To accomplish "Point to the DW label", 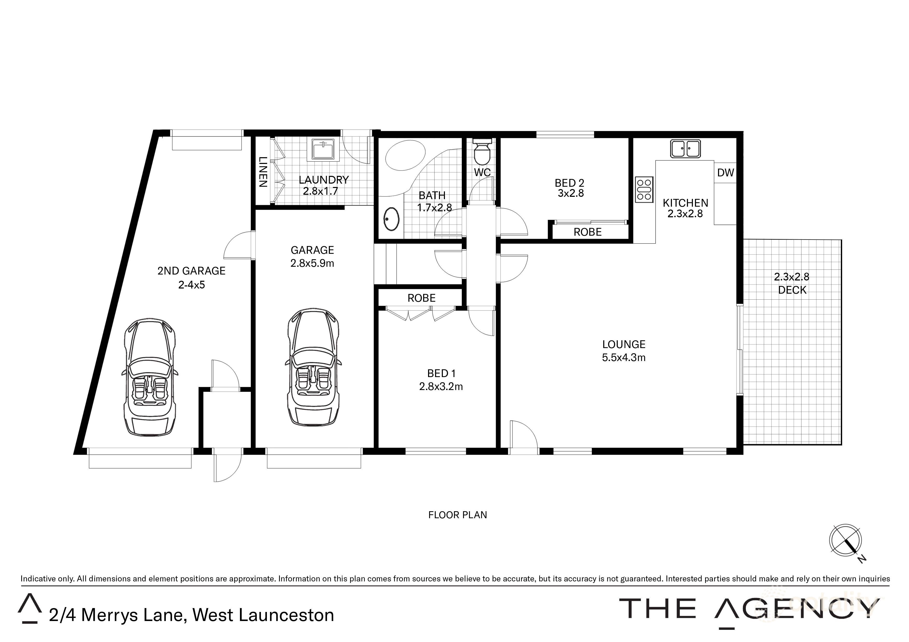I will tap(725, 172).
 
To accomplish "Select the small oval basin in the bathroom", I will tap(392, 219).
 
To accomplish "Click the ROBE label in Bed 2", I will tap(587, 232).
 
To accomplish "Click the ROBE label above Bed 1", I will tap(421, 298).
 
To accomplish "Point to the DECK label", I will tap(792, 290).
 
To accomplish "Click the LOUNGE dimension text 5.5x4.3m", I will tap(623, 358).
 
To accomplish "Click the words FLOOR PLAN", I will tap(457, 515).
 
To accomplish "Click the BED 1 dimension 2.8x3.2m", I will tap(441, 386).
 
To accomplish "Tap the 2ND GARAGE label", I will tap(191, 271).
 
